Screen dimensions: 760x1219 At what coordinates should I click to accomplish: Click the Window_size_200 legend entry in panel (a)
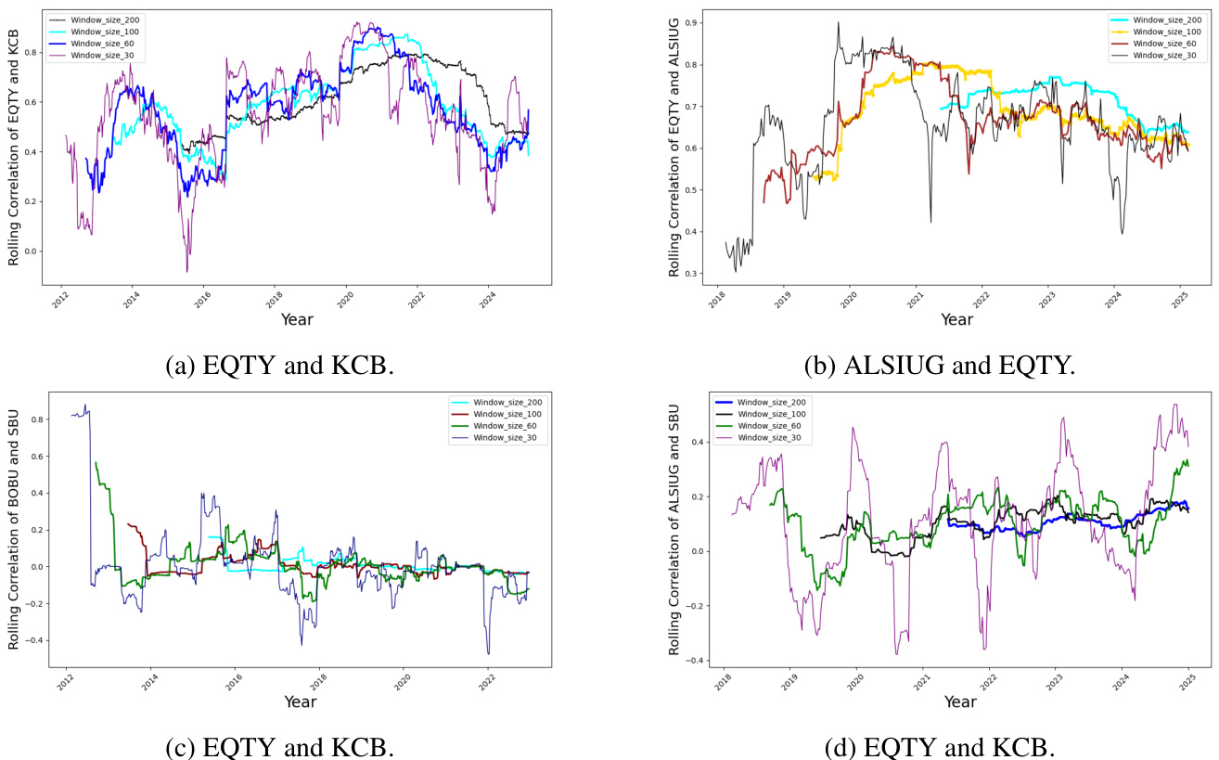[89, 19]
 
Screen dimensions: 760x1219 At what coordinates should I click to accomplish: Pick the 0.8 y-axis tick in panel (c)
[38, 419]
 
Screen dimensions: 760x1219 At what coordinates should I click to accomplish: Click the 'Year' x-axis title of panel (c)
[300, 702]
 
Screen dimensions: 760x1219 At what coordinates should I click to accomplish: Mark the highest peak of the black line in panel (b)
[838, 22]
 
